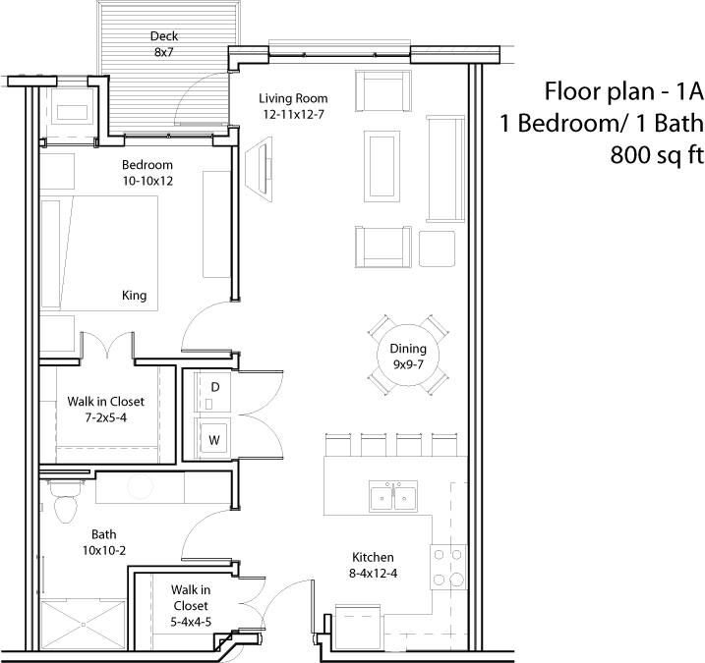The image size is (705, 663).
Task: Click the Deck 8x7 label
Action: coord(163,44)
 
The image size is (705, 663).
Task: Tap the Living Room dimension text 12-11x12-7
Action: coord(294,115)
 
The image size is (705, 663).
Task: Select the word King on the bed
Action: coord(134,295)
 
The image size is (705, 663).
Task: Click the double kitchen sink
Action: coord(393,496)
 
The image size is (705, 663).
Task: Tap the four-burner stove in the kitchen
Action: coord(448,567)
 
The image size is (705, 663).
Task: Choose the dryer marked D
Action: coord(212,391)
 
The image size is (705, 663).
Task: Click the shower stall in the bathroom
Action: coord(84,624)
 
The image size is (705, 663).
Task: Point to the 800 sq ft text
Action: coord(656,155)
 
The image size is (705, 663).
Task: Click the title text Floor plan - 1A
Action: coord(623,91)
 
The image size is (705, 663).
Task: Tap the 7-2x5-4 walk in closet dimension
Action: coord(105,417)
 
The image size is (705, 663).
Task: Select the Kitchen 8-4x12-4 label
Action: coord(373,565)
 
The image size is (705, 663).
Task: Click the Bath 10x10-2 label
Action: coord(104,542)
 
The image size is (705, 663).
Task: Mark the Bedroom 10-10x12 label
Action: coord(147,173)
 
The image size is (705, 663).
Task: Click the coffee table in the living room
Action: coord(382,167)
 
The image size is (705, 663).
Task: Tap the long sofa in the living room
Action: coord(445,168)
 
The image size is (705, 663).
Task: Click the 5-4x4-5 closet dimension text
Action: coord(191,622)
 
